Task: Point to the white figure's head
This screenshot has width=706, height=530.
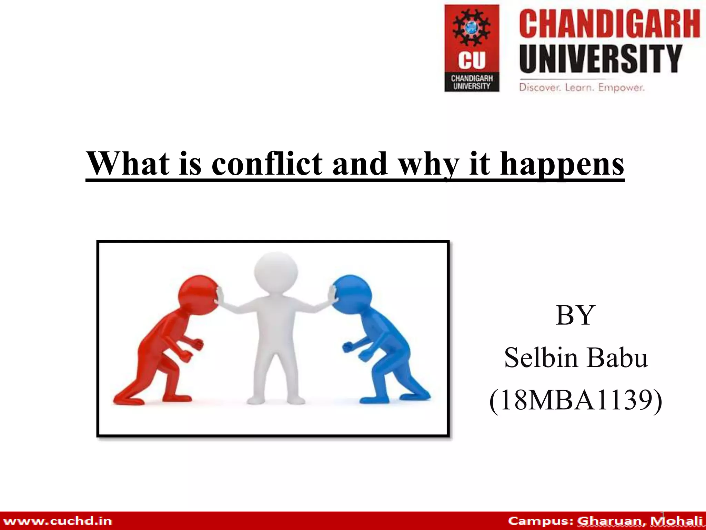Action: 276,271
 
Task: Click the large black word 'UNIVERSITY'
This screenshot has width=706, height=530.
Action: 601,59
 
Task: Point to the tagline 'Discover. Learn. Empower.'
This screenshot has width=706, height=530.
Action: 582,87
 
